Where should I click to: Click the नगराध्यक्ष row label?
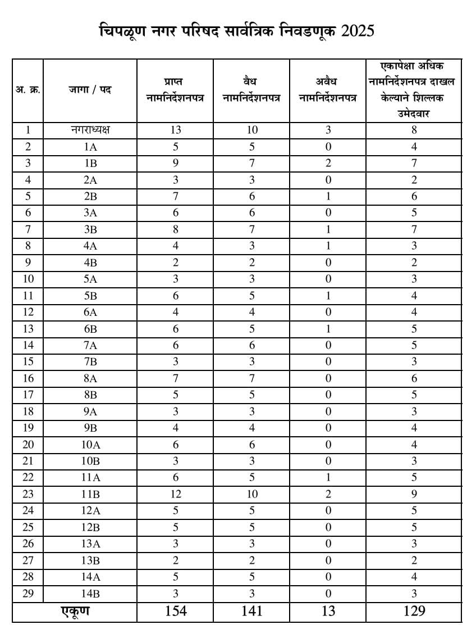click(90, 130)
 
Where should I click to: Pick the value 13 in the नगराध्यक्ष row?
click(175, 130)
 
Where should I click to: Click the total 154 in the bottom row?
click(175, 611)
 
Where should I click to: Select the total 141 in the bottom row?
click(251, 611)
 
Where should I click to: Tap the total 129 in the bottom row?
click(414, 611)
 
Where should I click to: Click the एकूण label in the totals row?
click(75, 611)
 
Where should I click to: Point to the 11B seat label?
click(90, 494)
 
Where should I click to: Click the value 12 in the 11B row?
click(175, 494)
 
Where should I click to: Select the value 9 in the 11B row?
click(414, 494)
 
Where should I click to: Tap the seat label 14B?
click(90, 593)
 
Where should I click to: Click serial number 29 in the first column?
click(28, 593)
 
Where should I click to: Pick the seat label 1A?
click(90, 147)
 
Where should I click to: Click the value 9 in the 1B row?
click(175, 163)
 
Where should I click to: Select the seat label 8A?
click(90, 378)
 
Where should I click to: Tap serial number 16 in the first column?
click(28, 378)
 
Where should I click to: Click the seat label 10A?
click(90, 445)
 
